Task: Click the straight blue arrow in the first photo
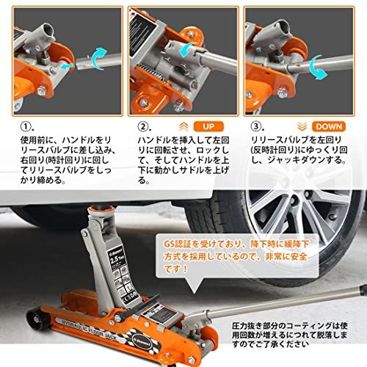[68, 65]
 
